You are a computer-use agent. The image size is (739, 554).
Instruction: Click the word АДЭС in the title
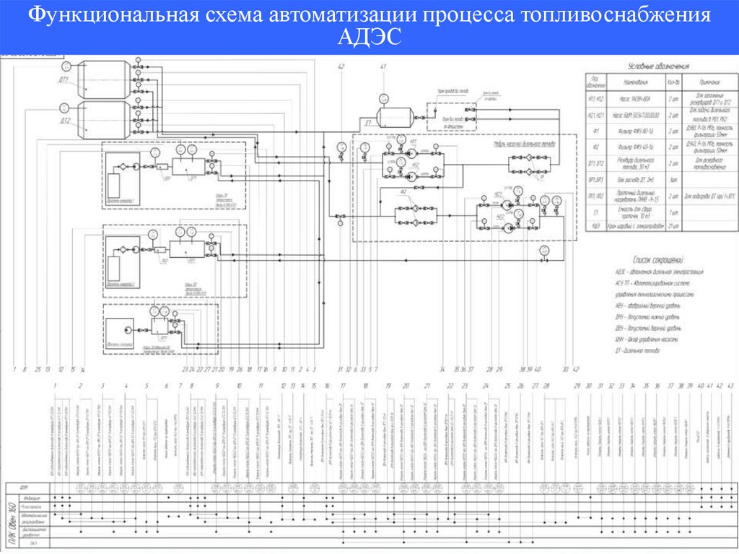click(x=369, y=37)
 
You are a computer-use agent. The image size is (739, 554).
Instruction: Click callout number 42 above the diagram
click(x=340, y=67)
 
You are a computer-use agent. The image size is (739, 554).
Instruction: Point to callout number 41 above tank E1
click(x=383, y=67)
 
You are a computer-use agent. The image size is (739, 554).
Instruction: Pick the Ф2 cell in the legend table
click(x=596, y=147)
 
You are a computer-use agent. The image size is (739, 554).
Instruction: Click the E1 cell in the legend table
click(x=596, y=214)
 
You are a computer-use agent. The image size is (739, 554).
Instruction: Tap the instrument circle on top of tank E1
click(x=383, y=98)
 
